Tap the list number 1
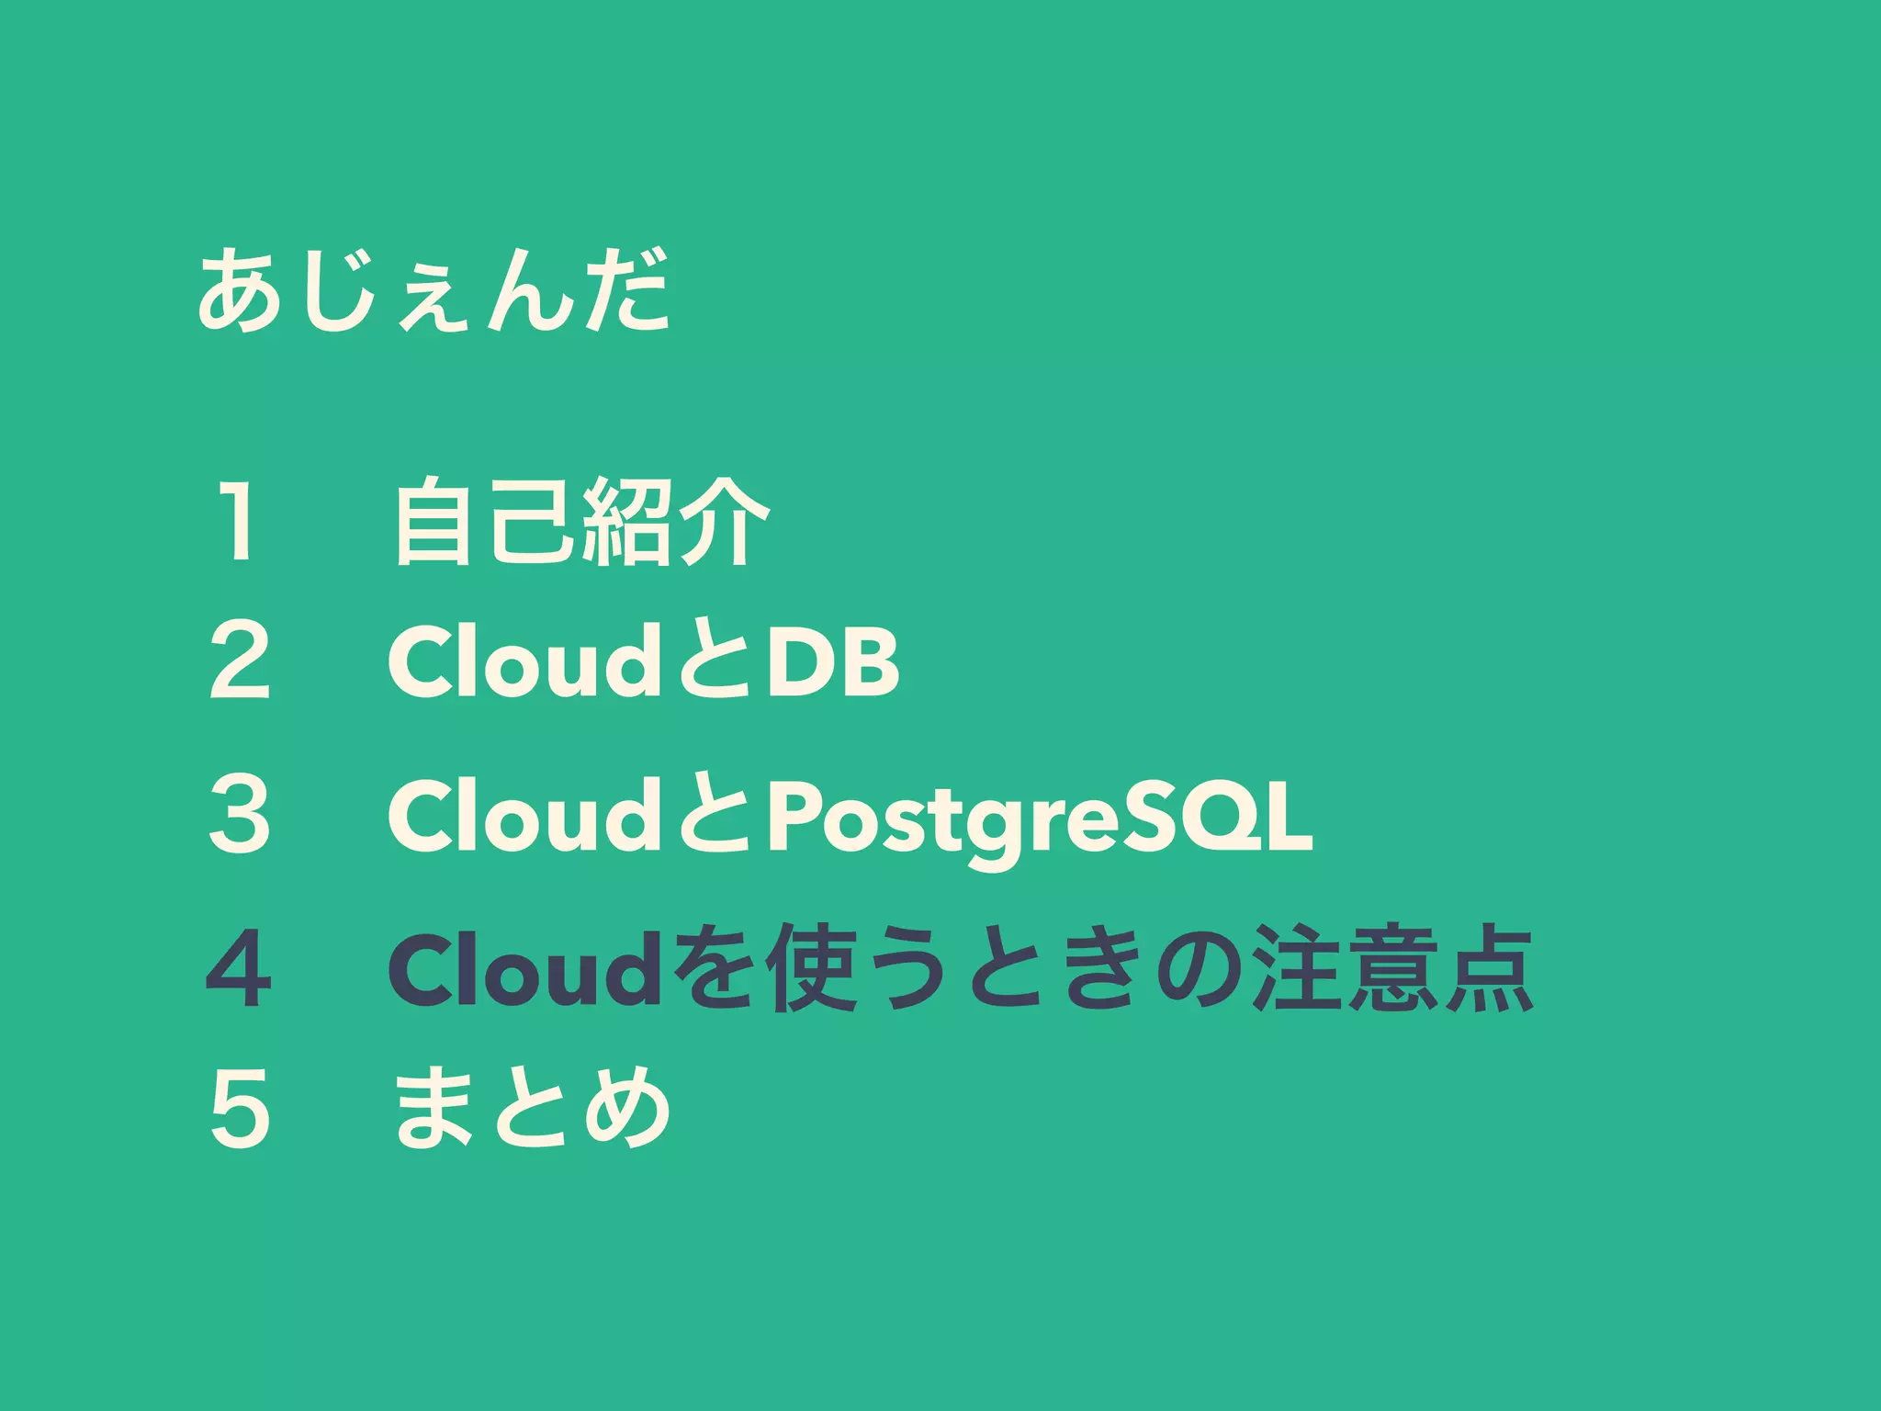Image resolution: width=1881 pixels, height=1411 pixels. click(238, 521)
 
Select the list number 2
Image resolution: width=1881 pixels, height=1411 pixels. click(240, 660)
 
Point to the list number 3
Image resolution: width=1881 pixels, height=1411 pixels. click(240, 815)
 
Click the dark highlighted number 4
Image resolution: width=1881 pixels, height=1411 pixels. click(239, 969)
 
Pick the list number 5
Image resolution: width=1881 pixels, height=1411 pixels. click(240, 1109)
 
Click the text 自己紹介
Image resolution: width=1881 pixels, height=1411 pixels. click(582, 521)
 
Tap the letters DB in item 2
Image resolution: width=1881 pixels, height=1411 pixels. click(834, 662)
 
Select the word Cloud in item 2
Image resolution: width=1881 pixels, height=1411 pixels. click(520, 660)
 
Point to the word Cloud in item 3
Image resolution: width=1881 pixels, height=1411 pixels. click(520, 815)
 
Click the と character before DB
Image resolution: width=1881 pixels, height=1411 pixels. click(715, 662)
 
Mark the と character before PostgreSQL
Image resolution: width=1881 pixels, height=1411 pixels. click(715, 817)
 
